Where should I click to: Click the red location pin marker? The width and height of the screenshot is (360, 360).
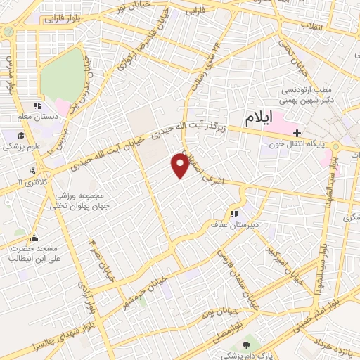click(180, 166)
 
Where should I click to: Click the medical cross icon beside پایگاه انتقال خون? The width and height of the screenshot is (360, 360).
click(298, 132)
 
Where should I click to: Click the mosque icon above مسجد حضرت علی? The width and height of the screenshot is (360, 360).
click(34, 238)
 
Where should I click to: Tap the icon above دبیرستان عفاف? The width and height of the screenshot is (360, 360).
click(233, 214)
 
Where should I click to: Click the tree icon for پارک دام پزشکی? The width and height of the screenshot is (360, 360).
click(245, 345)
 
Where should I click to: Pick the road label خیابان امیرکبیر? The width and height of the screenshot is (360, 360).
click(279, 260)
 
